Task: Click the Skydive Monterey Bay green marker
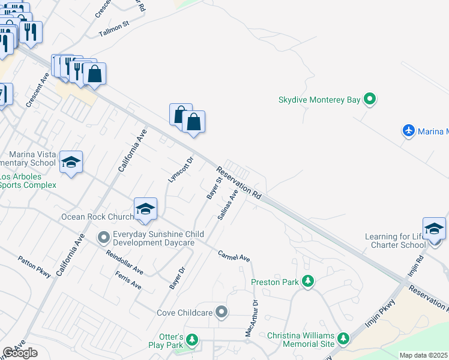point(370,100)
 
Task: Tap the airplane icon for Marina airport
point(409,131)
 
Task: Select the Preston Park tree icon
point(308,281)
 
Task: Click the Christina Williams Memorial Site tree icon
point(343,339)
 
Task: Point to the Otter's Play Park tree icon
point(191,340)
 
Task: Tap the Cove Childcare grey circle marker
point(222,311)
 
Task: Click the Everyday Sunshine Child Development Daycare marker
point(104,238)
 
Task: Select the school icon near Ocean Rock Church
point(145,209)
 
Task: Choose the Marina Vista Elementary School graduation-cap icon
point(71,162)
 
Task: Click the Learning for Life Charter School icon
point(434,229)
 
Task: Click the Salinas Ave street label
point(228,206)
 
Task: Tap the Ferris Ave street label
point(128,280)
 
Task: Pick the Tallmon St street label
point(114,29)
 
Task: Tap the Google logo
point(20,353)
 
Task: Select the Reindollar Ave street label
point(124,262)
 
